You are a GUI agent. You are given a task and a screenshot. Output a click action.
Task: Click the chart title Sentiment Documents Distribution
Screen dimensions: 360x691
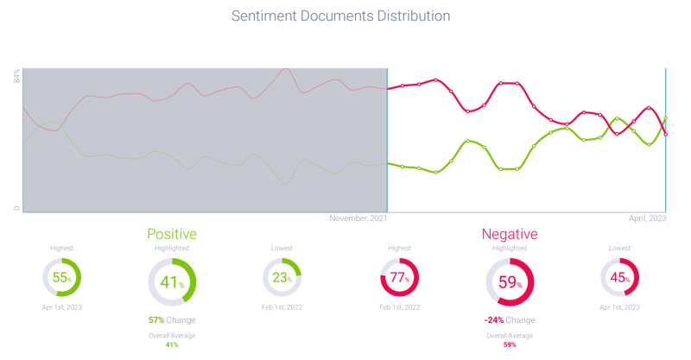click(341, 16)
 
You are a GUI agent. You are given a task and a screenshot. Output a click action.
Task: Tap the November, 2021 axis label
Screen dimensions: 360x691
click(358, 218)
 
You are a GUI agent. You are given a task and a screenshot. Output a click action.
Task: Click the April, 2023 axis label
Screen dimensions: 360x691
click(646, 218)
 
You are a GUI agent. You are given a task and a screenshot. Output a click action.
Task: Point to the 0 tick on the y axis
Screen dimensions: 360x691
click(16, 208)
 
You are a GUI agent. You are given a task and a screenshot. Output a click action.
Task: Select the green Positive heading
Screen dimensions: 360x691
click(172, 234)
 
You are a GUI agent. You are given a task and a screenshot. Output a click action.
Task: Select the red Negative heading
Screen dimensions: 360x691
click(510, 234)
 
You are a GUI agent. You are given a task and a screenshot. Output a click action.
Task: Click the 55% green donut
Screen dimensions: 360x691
click(61, 278)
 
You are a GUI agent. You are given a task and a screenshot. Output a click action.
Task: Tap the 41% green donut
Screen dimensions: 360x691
click(172, 281)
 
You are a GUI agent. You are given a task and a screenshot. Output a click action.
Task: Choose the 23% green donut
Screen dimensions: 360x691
click(282, 278)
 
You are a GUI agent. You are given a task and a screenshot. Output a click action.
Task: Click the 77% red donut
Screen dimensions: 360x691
click(399, 278)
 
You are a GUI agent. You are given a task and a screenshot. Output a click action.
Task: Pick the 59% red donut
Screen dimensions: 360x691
click(510, 281)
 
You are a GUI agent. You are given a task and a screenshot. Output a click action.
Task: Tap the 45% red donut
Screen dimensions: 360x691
click(619, 278)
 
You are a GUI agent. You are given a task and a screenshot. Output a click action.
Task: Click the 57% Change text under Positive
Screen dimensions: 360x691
click(172, 320)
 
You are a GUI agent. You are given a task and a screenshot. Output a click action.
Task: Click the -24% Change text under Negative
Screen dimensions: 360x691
click(510, 320)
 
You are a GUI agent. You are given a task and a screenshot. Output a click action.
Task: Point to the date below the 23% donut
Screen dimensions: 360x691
click(282, 307)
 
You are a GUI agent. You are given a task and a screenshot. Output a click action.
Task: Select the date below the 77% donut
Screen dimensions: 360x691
click(399, 307)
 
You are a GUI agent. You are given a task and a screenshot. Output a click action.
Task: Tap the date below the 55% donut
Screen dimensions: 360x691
click(61, 307)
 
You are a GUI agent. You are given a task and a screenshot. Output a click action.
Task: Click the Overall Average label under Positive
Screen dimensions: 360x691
click(172, 335)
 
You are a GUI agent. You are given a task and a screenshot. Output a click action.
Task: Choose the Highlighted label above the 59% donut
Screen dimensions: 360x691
click(510, 248)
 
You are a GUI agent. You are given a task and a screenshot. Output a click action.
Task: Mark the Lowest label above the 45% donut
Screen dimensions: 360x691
click(619, 248)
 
